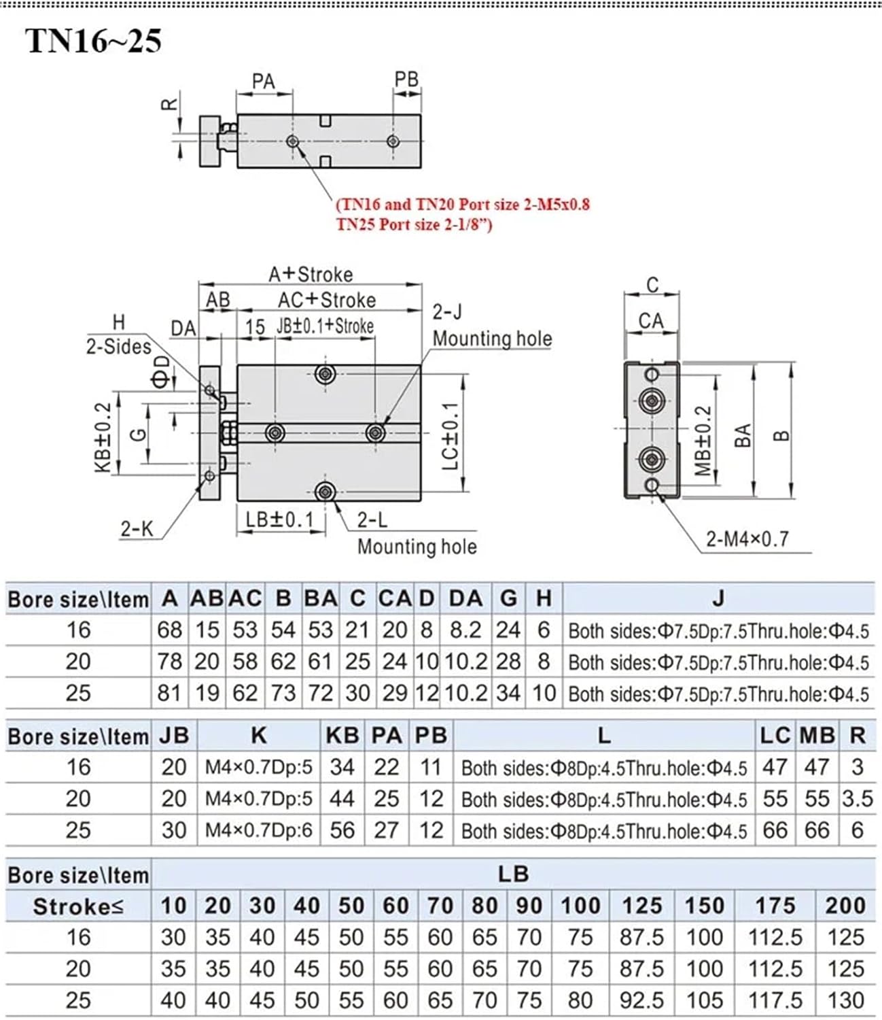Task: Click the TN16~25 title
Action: [x=93, y=41]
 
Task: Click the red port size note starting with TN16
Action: [x=463, y=204]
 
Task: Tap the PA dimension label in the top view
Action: [x=264, y=82]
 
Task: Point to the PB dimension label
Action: [x=406, y=79]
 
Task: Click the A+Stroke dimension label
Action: [x=311, y=274]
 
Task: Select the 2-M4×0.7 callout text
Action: [x=747, y=539]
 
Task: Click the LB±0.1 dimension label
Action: [x=280, y=520]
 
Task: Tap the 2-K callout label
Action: [x=137, y=528]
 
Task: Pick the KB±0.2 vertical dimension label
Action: [x=102, y=437]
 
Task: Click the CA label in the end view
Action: [x=651, y=320]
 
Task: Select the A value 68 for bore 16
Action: [x=169, y=630]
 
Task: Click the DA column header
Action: [x=465, y=598]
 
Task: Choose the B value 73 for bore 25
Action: [x=283, y=693]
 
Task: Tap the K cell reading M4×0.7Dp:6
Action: [x=259, y=830]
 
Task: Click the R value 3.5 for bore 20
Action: [x=857, y=798]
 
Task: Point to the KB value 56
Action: [x=342, y=830]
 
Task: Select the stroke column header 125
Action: [x=641, y=906]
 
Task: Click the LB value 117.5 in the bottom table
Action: [x=775, y=1000]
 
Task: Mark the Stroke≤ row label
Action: [x=78, y=906]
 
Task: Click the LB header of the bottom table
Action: [x=512, y=874]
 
